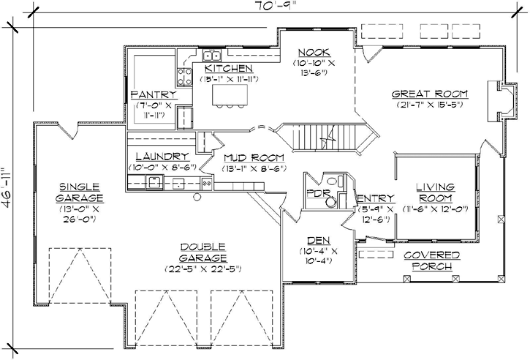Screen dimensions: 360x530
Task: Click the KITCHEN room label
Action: point(229,68)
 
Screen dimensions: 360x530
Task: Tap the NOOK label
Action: point(314,53)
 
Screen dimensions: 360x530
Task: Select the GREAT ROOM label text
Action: point(429,94)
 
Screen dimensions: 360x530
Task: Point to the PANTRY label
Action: point(154,94)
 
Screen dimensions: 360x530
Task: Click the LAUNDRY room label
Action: point(160,157)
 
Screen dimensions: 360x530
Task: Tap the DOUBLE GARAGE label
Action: point(203,252)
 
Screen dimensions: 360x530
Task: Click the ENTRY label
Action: point(376,198)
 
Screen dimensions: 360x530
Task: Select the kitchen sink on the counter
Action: point(212,56)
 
